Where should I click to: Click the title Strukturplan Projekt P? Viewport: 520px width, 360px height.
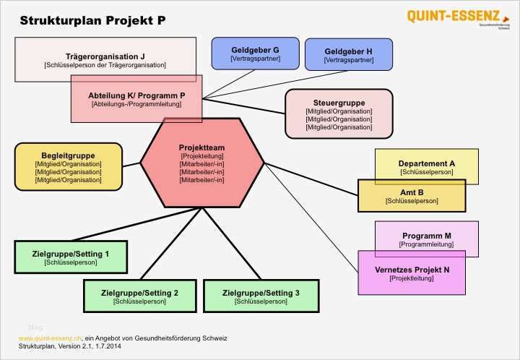[x=92, y=20]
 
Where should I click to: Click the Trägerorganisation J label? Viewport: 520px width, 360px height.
[x=105, y=56]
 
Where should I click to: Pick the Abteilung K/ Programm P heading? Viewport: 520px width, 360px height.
[x=136, y=95]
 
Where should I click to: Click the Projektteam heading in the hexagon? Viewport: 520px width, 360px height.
[x=201, y=147]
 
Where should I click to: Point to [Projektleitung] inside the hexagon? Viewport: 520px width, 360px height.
[x=201, y=156]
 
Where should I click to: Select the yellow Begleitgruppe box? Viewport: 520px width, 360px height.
[x=68, y=166]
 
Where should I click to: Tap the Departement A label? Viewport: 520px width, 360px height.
[x=426, y=163]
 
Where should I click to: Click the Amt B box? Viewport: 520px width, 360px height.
[x=412, y=195]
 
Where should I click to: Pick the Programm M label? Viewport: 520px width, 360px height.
[x=426, y=236]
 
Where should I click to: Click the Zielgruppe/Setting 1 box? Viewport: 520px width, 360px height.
[x=71, y=258]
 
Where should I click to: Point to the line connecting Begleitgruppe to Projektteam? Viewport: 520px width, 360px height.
[x=131, y=164]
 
